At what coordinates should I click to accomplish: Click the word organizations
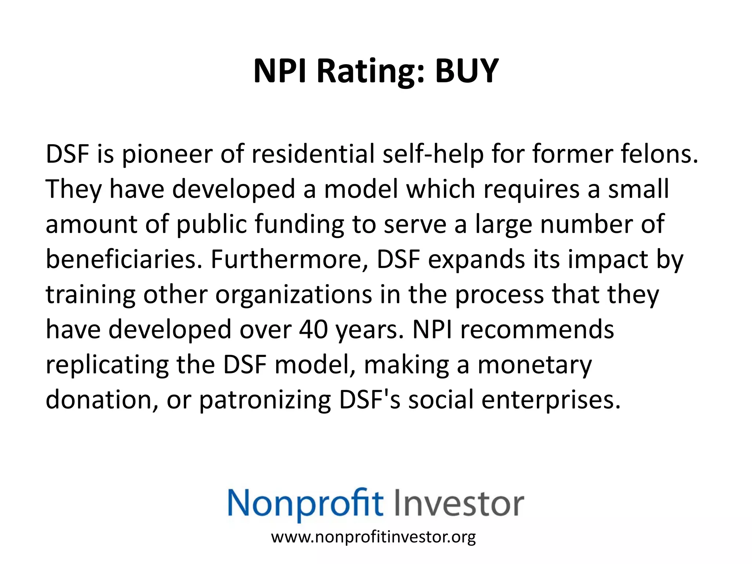point(293,294)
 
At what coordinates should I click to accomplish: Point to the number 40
point(313,329)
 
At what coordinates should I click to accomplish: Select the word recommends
point(537,329)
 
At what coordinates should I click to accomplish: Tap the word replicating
point(107,365)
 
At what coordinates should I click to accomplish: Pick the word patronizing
point(265,400)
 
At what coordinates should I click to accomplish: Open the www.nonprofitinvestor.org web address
point(373,537)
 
